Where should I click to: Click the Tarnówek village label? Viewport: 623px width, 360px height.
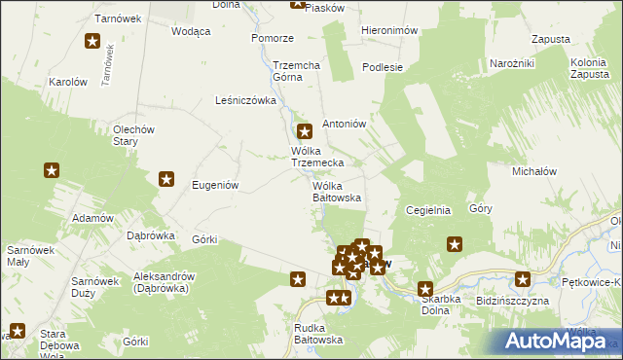pos(119,18)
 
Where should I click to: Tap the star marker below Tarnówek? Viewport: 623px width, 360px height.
pos(92,42)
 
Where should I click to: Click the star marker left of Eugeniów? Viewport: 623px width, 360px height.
pos(166,179)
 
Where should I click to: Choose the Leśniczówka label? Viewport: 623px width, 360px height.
pos(246,100)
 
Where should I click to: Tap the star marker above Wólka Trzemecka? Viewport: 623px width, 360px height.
pos(304,131)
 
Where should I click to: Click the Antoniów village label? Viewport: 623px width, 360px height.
pos(343,124)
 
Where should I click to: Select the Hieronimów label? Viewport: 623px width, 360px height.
pos(389,30)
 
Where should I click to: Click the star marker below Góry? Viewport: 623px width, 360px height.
pos(454,244)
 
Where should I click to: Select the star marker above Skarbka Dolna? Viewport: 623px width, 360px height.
pos(425,289)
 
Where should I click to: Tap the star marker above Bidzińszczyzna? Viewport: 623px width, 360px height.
pos(523,280)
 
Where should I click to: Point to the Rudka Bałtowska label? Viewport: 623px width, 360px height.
pos(318,334)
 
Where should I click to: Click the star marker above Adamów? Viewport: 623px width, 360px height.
pos(53,171)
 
